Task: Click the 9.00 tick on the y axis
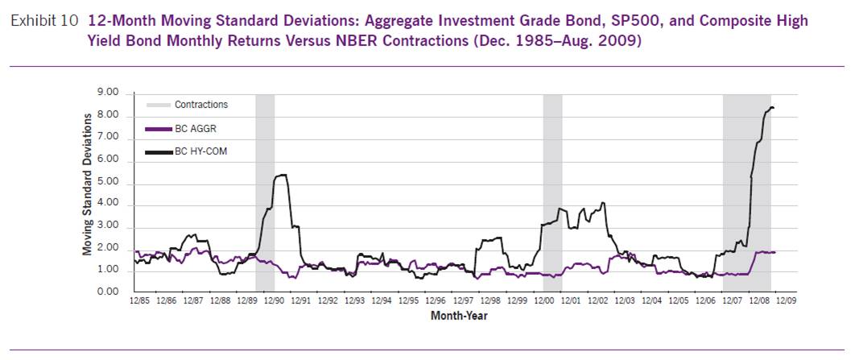click(107, 93)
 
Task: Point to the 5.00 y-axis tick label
click(107, 183)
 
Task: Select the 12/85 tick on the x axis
click(138, 301)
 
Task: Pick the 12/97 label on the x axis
click(463, 301)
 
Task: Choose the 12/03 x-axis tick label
click(625, 301)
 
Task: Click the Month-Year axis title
click(458, 316)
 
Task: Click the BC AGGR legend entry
click(194, 128)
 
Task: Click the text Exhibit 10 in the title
click(44, 22)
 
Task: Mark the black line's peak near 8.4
click(771, 107)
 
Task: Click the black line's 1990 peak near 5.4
click(281, 175)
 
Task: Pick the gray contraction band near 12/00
click(552, 193)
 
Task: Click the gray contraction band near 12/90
click(265, 193)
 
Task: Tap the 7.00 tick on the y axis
click(107, 139)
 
